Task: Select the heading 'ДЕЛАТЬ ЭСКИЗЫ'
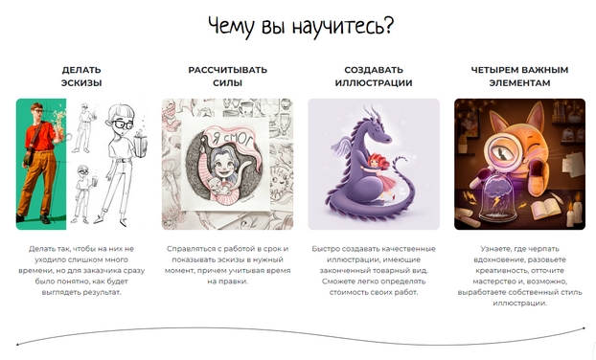click(81, 77)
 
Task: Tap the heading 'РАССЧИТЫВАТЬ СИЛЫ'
click(227, 77)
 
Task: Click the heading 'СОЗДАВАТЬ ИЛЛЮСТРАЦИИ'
click(373, 77)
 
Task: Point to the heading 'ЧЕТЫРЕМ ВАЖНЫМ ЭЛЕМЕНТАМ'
click(519, 77)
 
